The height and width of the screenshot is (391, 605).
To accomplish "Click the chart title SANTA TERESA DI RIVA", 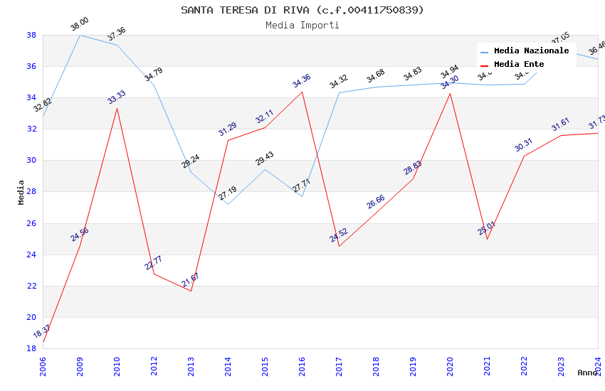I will (302, 10).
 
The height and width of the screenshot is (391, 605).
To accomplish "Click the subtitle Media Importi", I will (302, 25).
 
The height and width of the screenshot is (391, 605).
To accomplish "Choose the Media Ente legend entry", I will (519, 64).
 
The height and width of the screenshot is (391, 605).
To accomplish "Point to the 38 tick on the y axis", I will (31, 35).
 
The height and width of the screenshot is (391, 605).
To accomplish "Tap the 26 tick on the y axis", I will (31, 223).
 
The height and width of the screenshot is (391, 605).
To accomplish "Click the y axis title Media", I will (21, 192).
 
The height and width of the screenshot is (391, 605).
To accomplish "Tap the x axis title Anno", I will (587, 373).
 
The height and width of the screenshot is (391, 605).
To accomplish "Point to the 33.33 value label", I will (116, 97).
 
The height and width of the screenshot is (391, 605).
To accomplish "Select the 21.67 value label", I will (190, 280).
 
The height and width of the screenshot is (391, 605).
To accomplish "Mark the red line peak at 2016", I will (302, 92).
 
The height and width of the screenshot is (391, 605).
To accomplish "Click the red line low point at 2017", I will (339, 246).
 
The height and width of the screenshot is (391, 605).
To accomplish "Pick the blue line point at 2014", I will (228, 204).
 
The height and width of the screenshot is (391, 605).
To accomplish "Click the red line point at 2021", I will (487, 239).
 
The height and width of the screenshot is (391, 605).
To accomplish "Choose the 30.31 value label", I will (523, 145).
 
